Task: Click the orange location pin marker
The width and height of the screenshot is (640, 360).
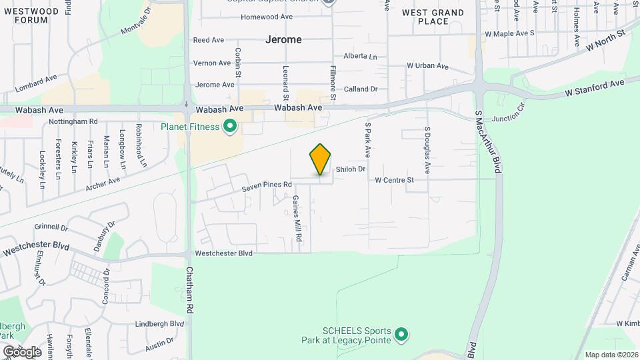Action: [321, 159]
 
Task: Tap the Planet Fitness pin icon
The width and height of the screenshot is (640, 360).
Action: [231, 126]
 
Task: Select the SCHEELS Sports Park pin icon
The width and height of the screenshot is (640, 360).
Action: [401, 334]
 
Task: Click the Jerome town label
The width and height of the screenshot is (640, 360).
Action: [283, 39]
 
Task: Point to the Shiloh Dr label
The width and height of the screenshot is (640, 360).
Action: [351, 169]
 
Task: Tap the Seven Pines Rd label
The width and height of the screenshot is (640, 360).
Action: [267, 185]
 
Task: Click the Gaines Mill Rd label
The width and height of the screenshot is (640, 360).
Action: [298, 219]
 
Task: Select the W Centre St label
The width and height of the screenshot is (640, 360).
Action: [395, 180]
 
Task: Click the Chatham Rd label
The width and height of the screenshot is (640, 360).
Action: [190, 291]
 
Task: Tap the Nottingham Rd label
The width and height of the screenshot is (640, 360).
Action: [73, 122]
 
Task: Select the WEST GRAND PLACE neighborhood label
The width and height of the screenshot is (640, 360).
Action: [433, 17]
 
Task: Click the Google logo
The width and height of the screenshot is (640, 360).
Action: [22, 351]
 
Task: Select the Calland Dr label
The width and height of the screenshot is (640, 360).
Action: [361, 89]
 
